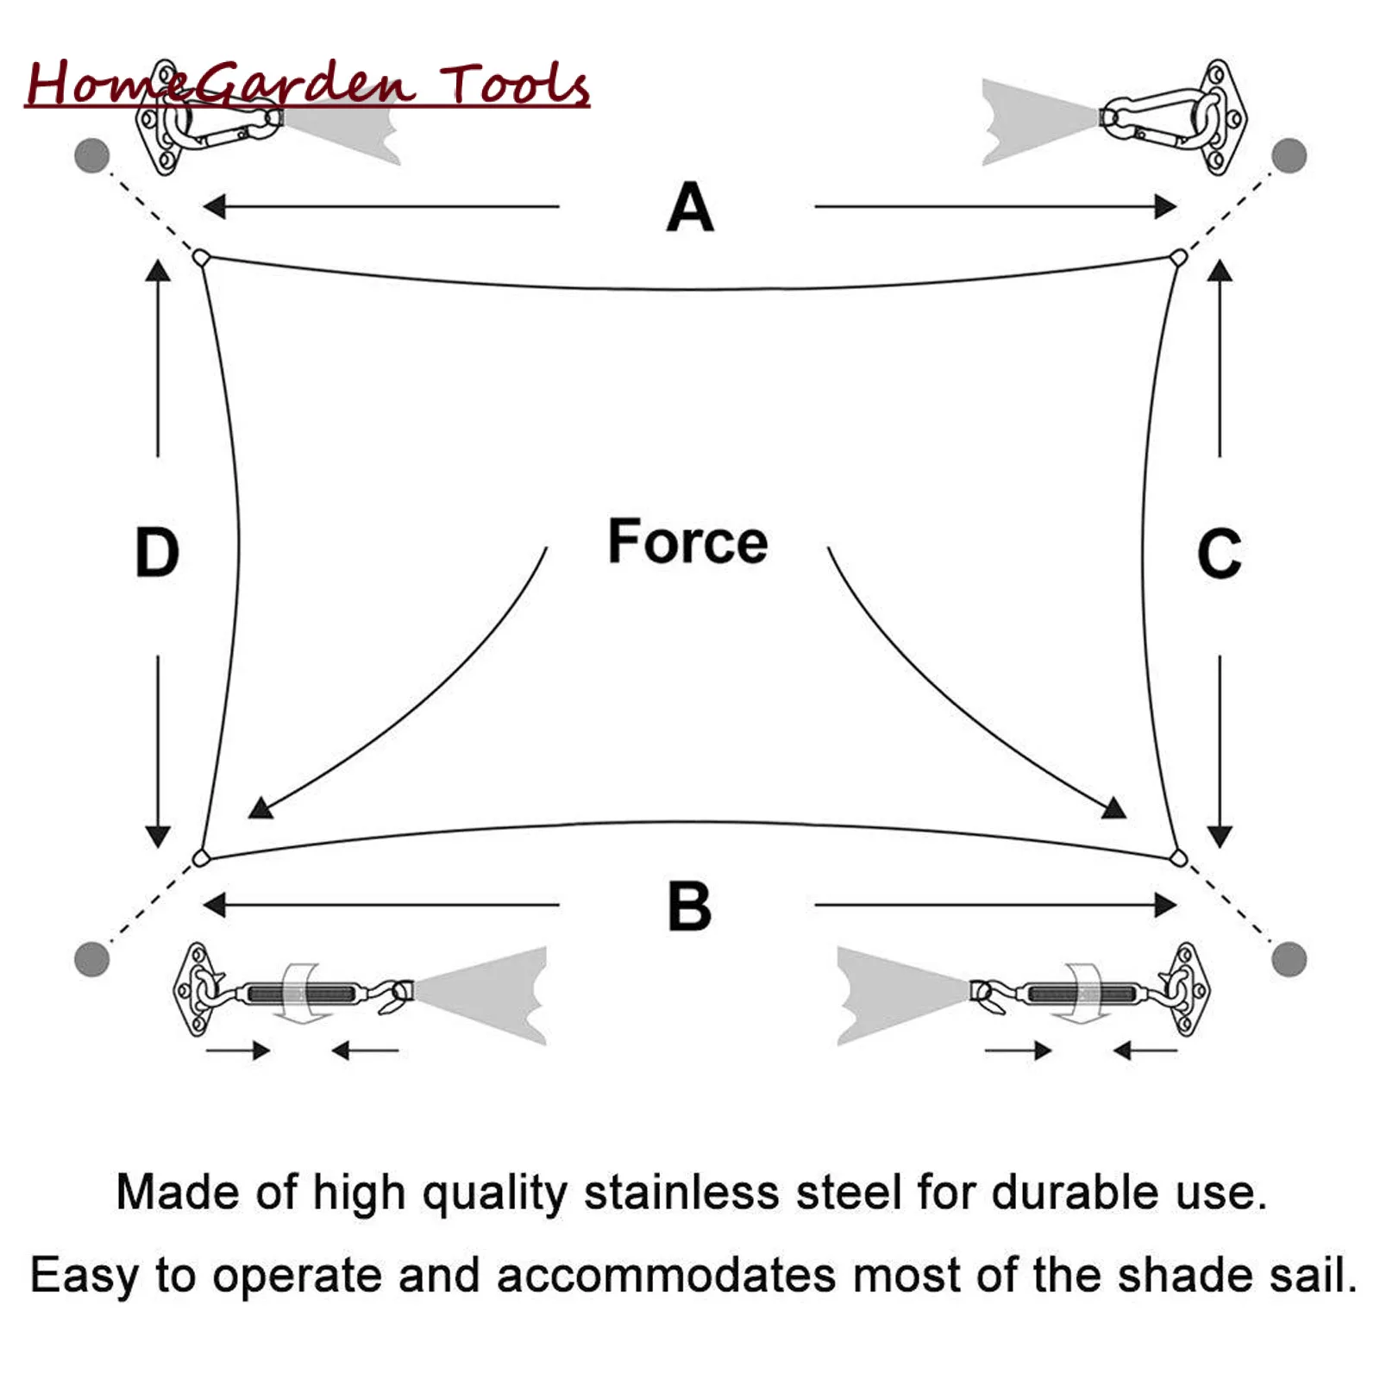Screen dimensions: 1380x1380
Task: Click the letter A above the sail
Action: click(x=690, y=208)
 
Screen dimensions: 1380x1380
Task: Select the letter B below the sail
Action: click(x=689, y=906)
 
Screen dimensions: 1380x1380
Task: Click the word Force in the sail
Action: click(x=687, y=542)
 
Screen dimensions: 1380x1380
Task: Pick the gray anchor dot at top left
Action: click(x=92, y=156)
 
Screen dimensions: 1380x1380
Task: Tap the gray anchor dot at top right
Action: click(x=1289, y=155)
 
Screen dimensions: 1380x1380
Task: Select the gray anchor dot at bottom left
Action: click(x=92, y=958)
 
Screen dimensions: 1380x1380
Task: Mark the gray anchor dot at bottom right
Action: click(x=1289, y=958)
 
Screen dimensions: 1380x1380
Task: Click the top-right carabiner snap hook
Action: click(x=1156, y=116)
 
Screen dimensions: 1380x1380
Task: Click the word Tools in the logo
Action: click(x=515, y=85)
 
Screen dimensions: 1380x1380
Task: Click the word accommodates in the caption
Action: click(x=666, y=1275)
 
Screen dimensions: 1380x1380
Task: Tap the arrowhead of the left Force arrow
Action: click(x=260, y=809)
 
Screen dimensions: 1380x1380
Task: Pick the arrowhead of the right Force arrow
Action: click(x=1114, y=808)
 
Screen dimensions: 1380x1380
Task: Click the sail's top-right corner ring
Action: click(x=1178, y=257)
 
